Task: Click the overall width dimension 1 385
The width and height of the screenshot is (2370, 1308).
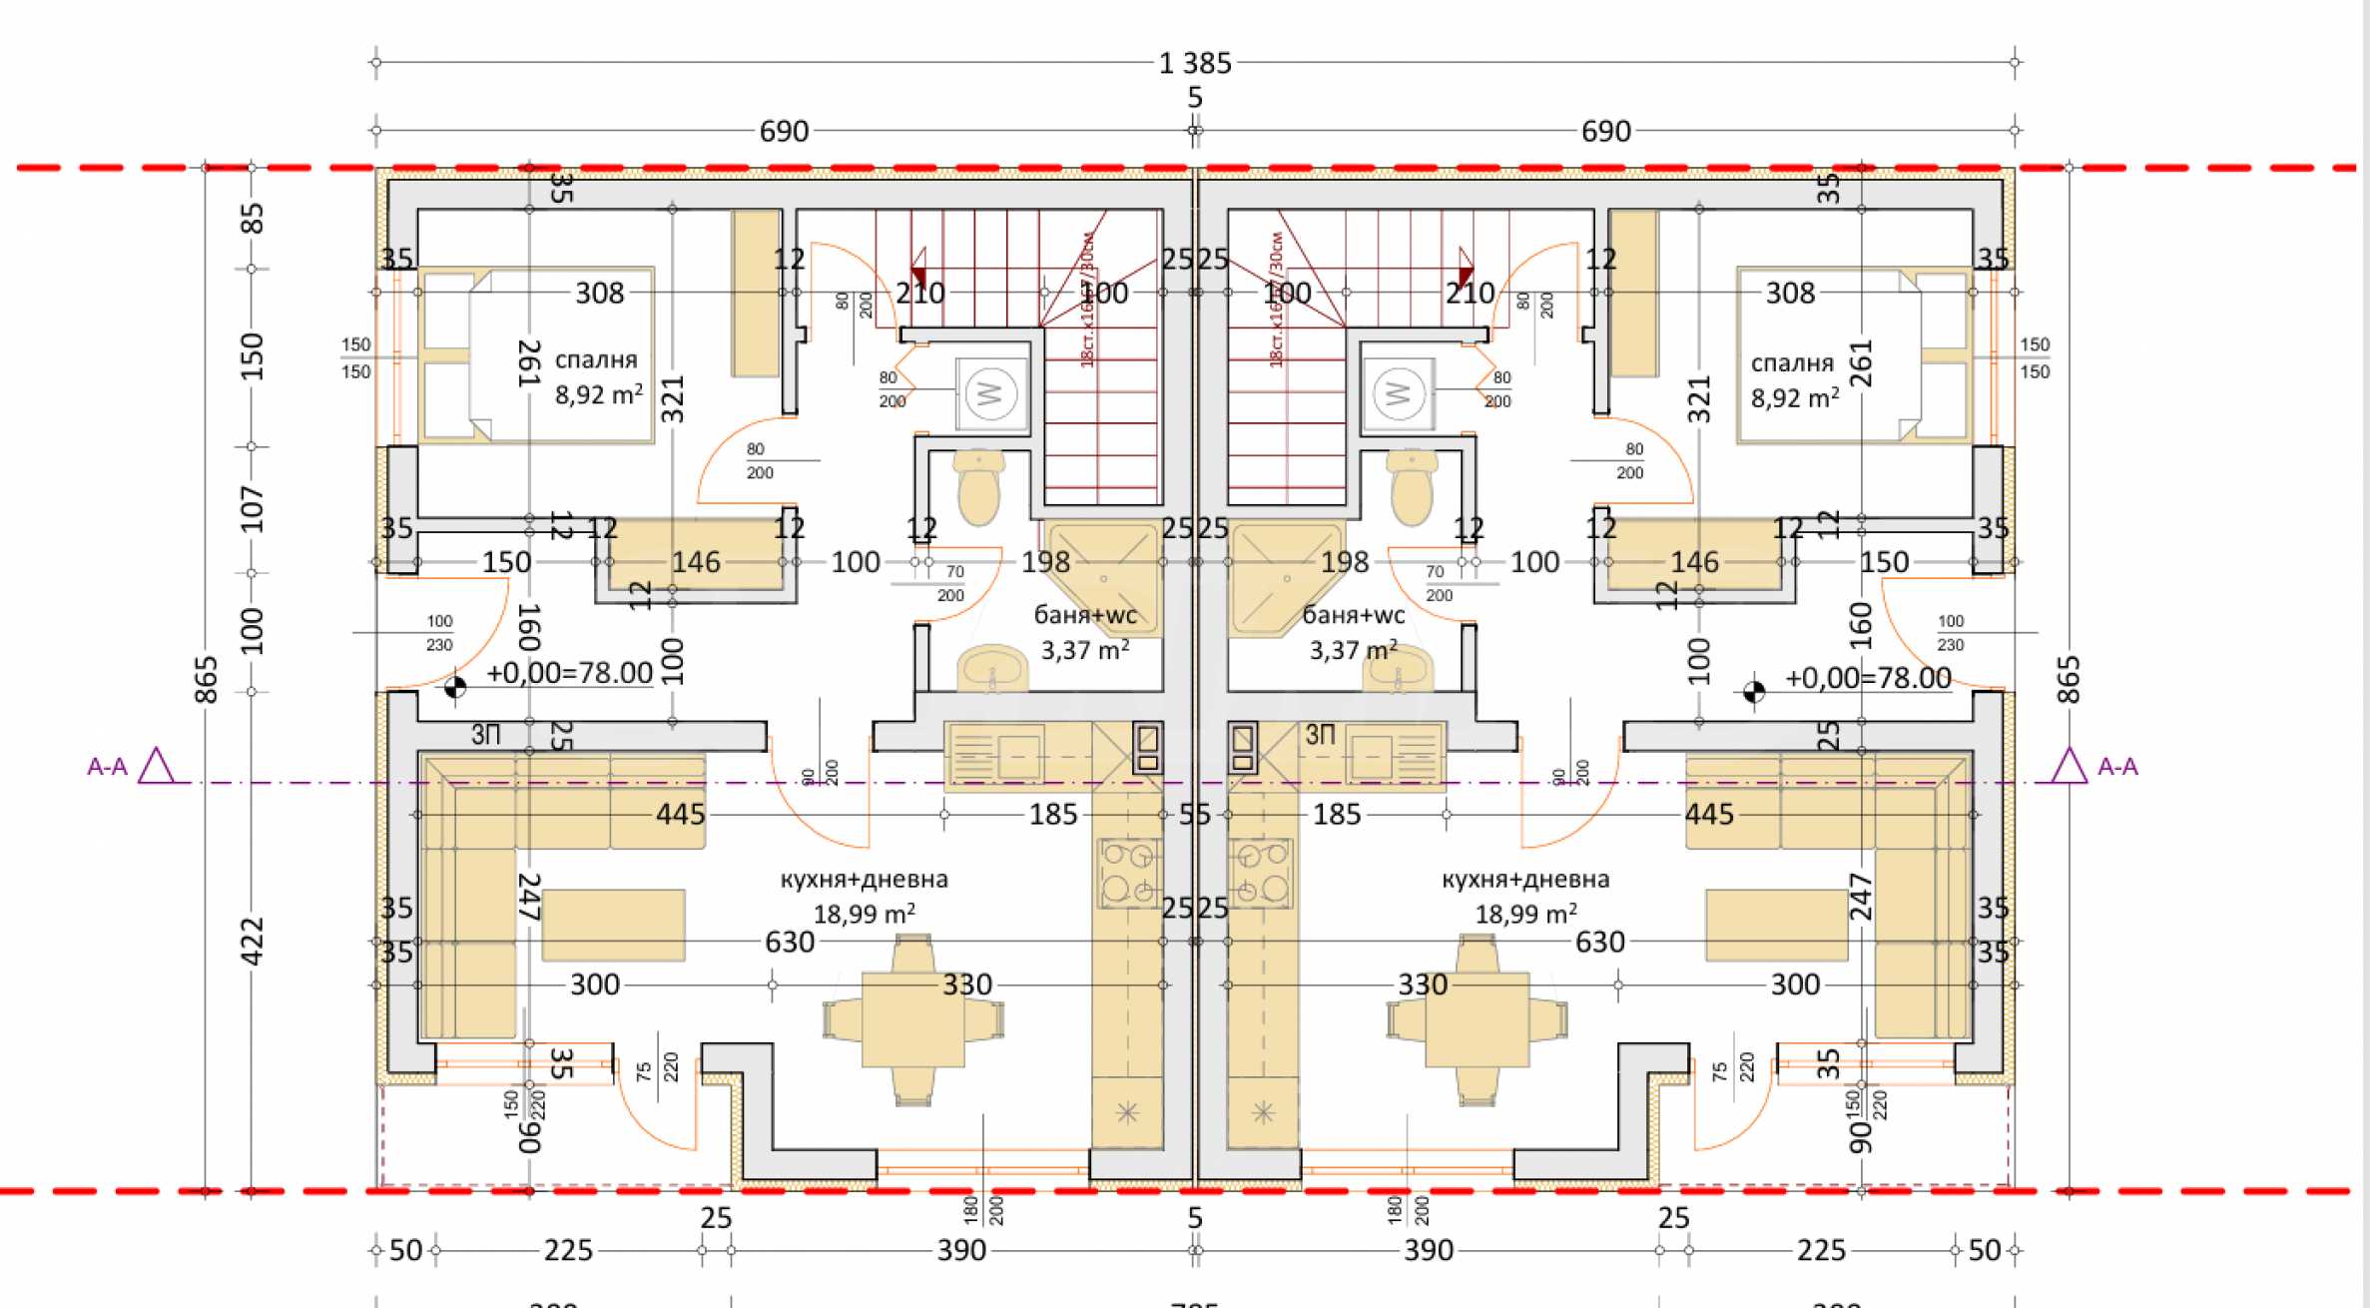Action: pyautogui.click(x=1195, y=64)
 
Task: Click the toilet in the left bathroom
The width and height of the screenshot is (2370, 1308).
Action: pyautogui.click(x=978, y=486)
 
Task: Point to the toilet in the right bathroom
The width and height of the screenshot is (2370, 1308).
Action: pyautogui.click(x=1411, y=486)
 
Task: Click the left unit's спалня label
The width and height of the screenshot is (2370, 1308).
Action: pyautogui.click(x=596, y=360)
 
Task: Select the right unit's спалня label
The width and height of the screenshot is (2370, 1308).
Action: pyautogui.click(x=1792, y=363)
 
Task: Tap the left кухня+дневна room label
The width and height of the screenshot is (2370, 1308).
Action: pyautogui.click(x=864, y=880)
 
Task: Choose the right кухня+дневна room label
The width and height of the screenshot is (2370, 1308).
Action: pyautogui.click(x=1525, y=880)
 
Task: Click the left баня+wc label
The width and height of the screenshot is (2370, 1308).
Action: pyautogui.click(x=1085, y=616)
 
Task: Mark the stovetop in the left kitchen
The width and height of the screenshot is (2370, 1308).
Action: pyautogui.click(x=1129, y=873)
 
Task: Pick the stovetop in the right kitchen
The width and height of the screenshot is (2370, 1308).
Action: pyautogui.click(x=1262, y=873)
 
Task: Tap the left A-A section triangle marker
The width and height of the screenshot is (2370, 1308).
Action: pyautogui.click(x=156, y=767)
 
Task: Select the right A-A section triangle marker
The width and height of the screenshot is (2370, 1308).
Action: pyautogui.click(x=2069, y=767)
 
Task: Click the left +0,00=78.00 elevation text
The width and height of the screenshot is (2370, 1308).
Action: pyautogui.click(x=569, y=674)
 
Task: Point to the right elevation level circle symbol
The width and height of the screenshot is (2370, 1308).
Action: pyautogui.click(x=1753, y=691)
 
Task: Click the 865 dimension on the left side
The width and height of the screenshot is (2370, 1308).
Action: pyautogui.click(x=206, y=679)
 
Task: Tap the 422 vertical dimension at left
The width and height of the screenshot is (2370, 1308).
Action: pyautogui.click(x=252, y=941)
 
